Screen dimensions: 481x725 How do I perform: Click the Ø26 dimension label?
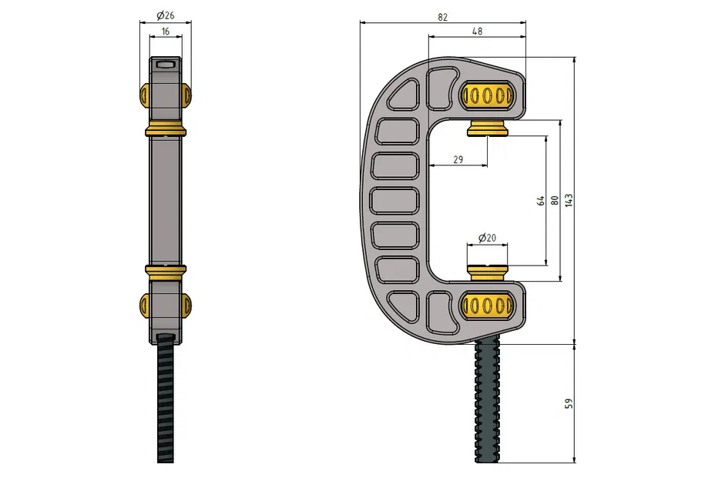click(165, 15)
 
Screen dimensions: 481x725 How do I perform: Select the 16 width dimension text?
click(165, 32)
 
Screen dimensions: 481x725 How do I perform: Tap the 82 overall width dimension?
click(442, 17)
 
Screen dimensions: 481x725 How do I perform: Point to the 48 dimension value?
click(477, 31)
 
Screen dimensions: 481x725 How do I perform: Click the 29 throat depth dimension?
click(458, 159)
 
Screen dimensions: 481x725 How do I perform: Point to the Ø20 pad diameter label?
click(487, 239)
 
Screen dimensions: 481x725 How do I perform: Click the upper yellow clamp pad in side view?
click(488, 128)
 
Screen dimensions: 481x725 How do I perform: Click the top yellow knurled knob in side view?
click(487, 95)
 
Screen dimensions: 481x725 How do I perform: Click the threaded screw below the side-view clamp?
click(487, 400)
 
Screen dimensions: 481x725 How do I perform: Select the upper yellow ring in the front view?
click(165, 129)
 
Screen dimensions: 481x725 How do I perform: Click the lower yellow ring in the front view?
click(165, 270)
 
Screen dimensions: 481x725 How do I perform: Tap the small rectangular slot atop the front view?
click(165, 65)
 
